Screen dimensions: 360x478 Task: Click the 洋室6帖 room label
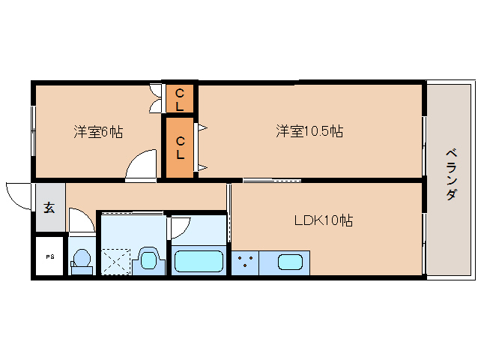[98, 132]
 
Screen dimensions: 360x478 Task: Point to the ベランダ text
[451, 174]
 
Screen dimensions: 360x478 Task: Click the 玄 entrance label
[49, 208]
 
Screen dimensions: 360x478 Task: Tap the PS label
[50, 256]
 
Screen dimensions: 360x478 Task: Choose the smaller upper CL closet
[180, 99]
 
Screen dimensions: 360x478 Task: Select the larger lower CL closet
[180, 147]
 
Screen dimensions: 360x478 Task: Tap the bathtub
[198, 262]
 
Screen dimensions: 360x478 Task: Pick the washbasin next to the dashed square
[149, 261]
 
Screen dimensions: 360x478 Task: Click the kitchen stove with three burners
[245, 262]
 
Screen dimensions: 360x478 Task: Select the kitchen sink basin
[290, 262]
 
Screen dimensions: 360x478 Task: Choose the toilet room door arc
[81, 222]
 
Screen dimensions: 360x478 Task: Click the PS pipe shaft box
[50, 256]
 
